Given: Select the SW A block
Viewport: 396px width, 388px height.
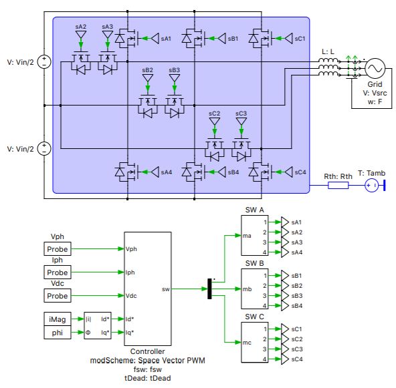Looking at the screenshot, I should coord(255,236).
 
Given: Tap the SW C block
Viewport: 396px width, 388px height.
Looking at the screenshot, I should coord(255,343).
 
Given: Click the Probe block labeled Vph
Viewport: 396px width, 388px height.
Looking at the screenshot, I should coord(58,249).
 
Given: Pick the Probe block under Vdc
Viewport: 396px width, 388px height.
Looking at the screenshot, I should coord(58,296).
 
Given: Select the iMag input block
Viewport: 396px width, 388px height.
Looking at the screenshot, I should coord(58,319).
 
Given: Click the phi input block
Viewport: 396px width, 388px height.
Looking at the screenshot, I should coord(58,332).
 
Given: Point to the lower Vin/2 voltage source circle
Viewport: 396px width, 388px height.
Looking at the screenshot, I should coord(44,148).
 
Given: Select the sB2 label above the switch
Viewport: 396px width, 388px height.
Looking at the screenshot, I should coord(147,69).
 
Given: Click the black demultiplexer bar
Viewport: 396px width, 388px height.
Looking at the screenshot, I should coord(209,289).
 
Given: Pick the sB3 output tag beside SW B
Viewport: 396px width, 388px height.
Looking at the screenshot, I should coord(296,295).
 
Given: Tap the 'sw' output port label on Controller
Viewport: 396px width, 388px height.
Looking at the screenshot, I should coord(165,289).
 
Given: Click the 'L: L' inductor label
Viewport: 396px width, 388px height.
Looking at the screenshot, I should coord(329,51).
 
